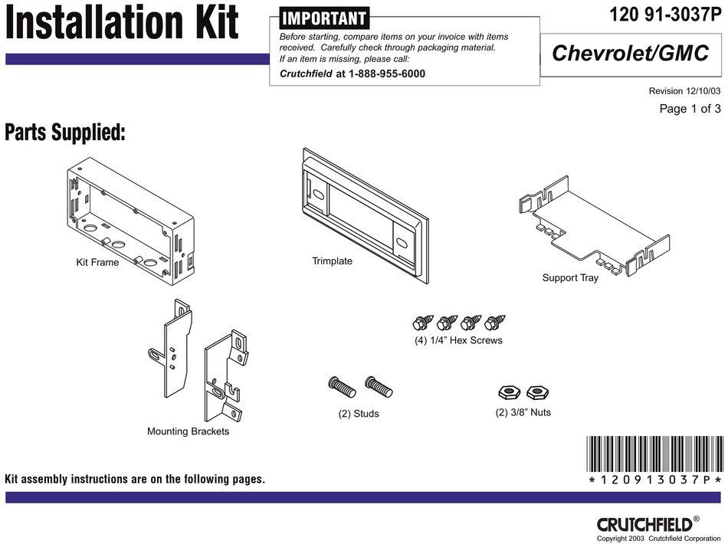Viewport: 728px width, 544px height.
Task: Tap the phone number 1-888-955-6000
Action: (x=386, y=74)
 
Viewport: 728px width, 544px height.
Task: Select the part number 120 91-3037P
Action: (x=665, y=15)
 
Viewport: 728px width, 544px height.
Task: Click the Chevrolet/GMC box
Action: (x=631, y=54)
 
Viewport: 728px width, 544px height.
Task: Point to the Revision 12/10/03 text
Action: (x=684, y=91)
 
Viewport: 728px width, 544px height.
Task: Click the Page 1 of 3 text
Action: (x=690, y=109)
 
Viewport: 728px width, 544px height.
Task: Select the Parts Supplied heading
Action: (x=65, y=133)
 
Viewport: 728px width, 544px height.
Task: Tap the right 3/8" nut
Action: (x=538, y=393)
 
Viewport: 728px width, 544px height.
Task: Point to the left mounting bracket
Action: (x=175, y=348)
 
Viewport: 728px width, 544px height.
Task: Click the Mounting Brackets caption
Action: (x=188, y=431)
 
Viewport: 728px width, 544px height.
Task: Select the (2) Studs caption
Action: (x=359, y=414)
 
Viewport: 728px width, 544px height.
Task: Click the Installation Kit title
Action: (x=123, y=25)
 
